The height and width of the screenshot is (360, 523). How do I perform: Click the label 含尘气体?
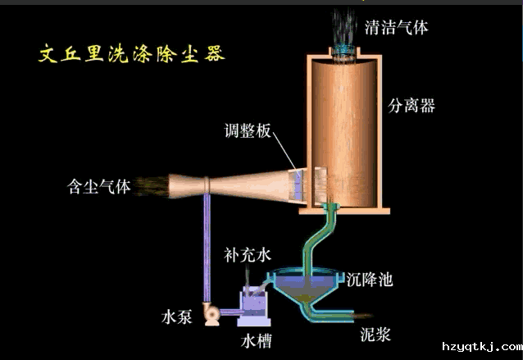(x=98, y=187)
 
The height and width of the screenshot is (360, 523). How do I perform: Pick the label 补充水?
(x=247, y=255)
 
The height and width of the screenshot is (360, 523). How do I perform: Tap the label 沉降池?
(x=370, y=280)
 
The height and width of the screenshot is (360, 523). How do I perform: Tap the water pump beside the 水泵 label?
(x=212, y=312)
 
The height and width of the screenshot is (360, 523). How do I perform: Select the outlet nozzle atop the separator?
(x=343, y=52)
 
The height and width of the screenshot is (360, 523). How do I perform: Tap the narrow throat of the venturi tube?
(x=207, y=187)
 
